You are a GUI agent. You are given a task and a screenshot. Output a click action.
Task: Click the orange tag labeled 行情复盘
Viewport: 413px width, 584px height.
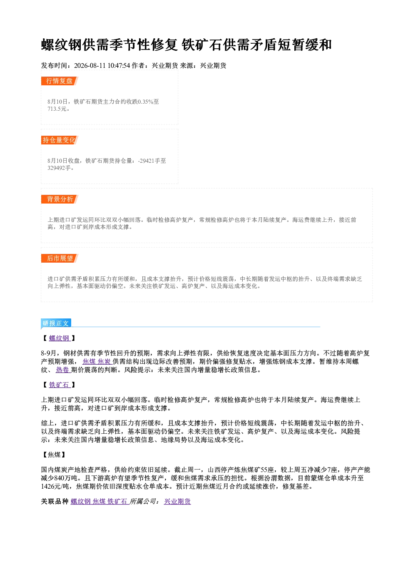[x=60, y=81]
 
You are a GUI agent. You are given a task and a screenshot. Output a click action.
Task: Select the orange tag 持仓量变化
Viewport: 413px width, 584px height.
[x=60, y=140]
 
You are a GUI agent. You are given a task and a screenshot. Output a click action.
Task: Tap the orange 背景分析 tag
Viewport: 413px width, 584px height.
[x=60, y=199]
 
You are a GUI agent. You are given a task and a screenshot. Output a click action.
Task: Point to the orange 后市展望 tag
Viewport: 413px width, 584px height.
[x=60, y=258]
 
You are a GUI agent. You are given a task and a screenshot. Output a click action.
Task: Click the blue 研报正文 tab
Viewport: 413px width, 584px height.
[x=56, y=323]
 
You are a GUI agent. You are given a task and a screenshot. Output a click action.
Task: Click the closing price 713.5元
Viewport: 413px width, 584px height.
[x=57, y=109]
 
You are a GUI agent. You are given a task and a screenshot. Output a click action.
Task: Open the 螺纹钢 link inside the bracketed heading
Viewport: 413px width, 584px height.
[x=59, y=338]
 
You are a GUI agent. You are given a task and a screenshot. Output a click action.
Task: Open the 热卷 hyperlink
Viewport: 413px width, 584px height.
[x=62, y=370]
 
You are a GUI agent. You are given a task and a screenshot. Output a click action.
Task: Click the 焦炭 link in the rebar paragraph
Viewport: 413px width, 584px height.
[x=104, y=361]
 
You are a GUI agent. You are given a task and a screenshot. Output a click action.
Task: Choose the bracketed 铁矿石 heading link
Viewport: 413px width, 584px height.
[x=59, y=385]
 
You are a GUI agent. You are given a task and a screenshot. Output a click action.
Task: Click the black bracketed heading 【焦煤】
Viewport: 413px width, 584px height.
[x=54, y=455]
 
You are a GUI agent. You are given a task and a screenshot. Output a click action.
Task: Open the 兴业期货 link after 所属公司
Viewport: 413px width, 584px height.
[x=177, y=501]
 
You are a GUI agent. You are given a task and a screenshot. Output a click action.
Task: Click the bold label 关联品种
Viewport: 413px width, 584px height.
[x=55, y=501]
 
